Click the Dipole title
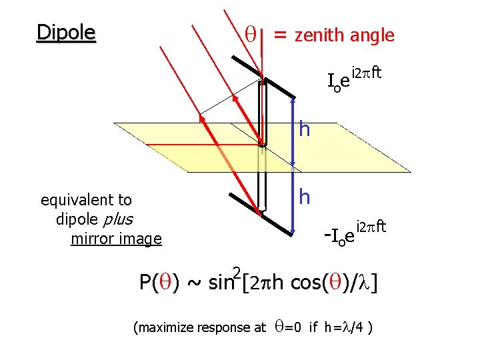coord(66,33)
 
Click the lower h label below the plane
coord(305,197)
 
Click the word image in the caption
coord(141,239)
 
